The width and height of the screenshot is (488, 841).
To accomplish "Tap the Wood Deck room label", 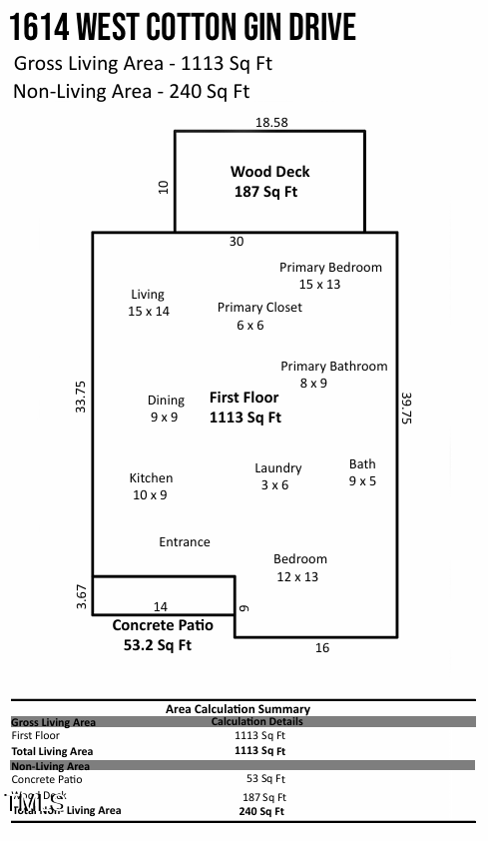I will (x=269, y=181).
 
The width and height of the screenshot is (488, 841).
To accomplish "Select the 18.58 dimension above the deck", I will (x=270, y=122).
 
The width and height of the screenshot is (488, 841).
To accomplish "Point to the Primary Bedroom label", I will (x=330, y=275).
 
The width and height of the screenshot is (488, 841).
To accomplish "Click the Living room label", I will (x=148, y=303).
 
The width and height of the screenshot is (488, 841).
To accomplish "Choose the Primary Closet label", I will (x=259, y=316).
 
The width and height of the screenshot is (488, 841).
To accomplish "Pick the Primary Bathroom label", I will (x=333, y=375).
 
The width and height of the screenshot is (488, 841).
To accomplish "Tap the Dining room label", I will (x=166, y=409).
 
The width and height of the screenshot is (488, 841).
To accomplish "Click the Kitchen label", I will (x=151, y=486).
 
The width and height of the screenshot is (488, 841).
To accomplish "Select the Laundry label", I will (x=277, y=476).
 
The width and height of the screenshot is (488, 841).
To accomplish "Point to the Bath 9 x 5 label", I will (x=362, y=471).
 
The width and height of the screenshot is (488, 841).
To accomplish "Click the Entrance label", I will (x=185, y=542).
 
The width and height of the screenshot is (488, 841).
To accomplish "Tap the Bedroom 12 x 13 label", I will (x=300, y=567).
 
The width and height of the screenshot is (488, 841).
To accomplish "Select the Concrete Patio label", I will (x=162, y=634).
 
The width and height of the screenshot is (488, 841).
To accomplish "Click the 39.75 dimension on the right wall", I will (x=406, y=408).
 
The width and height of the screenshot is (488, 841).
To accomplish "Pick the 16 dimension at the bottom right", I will (x=322, y=648).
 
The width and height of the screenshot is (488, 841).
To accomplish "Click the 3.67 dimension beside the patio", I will (x=82, y=596).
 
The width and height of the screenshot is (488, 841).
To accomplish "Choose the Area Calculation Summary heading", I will (x=238, y=709).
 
